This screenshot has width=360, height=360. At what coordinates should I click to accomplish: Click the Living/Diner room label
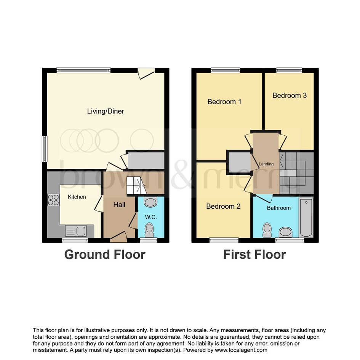[x=106, y=111]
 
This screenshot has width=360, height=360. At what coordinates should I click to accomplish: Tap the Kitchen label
[x=77, y=197]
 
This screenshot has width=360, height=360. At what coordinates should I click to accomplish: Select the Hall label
[x=119, y=205]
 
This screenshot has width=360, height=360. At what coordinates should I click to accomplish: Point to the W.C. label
[x=151, y=217]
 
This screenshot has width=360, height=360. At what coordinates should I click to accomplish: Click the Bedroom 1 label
[x=224, y=101]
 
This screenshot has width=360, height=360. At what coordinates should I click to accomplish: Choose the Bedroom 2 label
[x=223, y=206]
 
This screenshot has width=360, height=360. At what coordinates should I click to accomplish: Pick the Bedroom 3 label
[x=290, y=95]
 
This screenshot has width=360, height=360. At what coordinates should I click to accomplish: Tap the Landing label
[x=266, y=164]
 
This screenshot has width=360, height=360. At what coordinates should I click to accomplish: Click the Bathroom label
[x=279, y=208]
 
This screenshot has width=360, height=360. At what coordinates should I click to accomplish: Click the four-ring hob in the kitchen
[x=53, y=200]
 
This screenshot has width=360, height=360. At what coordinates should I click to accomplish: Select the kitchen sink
[x=76, y=231]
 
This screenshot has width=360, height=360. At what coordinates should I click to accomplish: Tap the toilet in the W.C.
[x=149, y=230]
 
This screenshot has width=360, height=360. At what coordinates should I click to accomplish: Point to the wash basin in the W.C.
[x=150, y=202]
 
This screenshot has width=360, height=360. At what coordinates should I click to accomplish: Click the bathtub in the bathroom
[x=306, y=217]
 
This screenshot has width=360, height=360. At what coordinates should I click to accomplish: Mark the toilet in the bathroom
[x=267, y=230]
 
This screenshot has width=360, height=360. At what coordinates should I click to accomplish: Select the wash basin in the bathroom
[x=286, y=232]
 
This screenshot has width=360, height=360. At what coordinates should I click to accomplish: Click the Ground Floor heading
[x=105, y=254]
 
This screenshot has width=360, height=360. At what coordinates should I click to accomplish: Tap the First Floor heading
[x=254, y=254]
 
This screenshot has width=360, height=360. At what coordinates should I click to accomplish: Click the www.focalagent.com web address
[x=241, y=350]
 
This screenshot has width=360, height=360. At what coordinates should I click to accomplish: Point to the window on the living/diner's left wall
[x=45, y=149]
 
